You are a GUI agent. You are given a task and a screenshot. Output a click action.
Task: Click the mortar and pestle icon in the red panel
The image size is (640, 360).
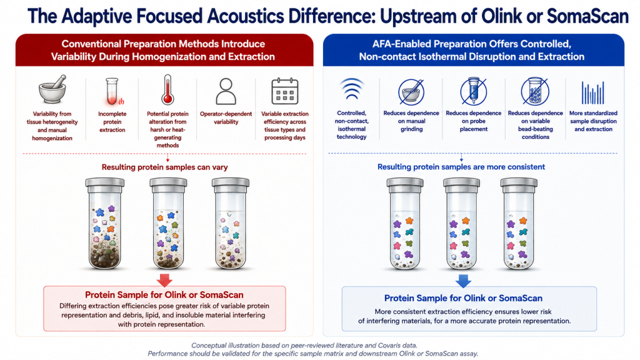[x=52, y=89]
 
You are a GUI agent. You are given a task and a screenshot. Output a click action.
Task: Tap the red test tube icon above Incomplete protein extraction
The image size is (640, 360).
[x=112, y=92]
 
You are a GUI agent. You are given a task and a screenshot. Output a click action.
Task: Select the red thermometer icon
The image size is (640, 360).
[x=167, y=89]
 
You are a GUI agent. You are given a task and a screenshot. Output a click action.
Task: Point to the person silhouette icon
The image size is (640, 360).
[x=226, y=91]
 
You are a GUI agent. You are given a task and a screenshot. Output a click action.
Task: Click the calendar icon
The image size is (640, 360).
[x=285, y=91]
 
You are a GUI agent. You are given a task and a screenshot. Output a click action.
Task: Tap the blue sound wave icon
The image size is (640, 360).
[x=351, y=89]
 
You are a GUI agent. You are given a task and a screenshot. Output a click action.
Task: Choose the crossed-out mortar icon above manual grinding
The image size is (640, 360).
[x=411, y=91]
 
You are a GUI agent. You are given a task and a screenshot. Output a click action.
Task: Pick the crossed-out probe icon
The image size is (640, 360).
[x=474, y=91]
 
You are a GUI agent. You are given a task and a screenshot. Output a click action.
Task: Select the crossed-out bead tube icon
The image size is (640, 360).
[x=535, y=91]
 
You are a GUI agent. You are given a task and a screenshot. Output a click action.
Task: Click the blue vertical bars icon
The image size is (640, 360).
[x=593, y=92]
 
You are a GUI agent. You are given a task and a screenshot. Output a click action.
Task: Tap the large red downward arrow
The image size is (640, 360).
[x=164, y=279]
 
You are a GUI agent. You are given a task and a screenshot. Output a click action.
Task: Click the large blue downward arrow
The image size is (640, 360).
[x=463, y=281]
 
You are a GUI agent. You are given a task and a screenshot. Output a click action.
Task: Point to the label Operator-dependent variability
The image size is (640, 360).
[x=226, y=118]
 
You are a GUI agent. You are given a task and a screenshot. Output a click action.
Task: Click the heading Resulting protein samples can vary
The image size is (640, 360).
[x=164, y=167]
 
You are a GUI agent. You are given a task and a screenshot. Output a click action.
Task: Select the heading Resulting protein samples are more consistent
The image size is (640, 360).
[x=461, y=166]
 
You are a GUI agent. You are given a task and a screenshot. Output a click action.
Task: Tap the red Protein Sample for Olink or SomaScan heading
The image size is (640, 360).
[x=164, y=295]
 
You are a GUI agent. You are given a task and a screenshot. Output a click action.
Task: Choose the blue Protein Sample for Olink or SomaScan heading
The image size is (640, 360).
[x=463, y=298]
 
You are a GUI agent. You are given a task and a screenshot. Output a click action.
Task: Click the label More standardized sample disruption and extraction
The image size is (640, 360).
[x=593, y=121]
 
